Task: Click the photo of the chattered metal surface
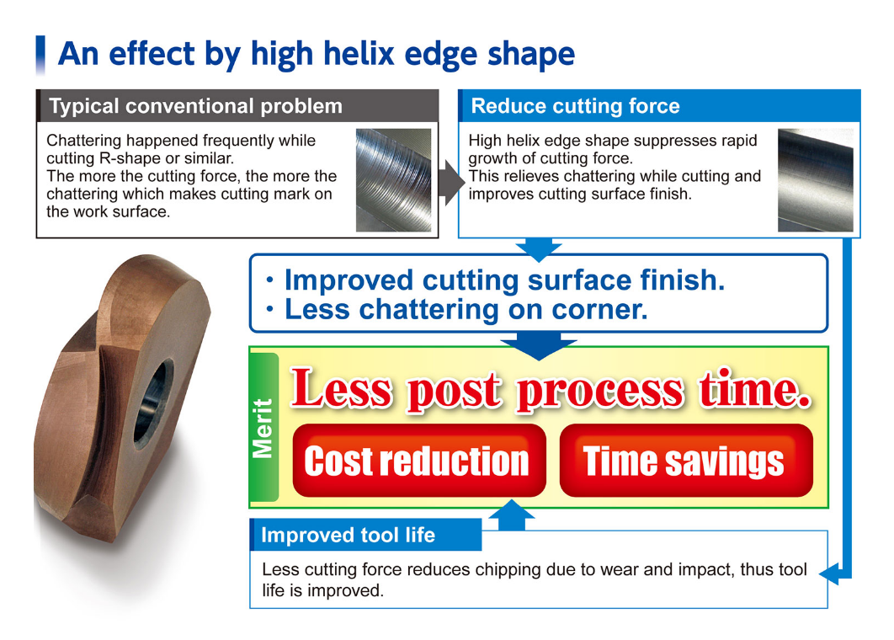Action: coord(393,179)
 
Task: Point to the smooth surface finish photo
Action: coord(816,179)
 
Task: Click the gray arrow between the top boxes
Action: coord(451,182)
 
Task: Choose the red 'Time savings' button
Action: coord(686,461)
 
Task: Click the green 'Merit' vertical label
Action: coord(264,427)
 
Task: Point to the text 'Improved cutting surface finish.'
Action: coord(504,280)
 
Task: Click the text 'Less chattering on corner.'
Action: coord(466,310)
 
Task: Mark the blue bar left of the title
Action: coord(40,55)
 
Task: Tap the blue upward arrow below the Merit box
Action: coord(512,515)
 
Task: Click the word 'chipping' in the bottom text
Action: coord(507,570)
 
